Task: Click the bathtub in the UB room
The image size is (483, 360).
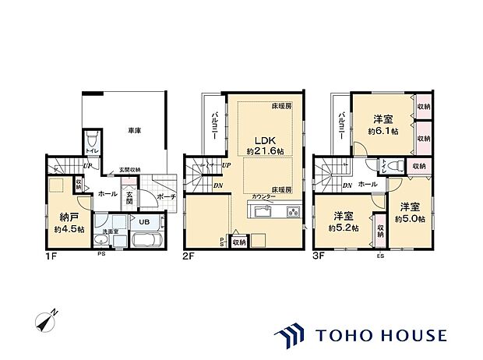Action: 144,238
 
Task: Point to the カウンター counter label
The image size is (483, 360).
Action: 263,198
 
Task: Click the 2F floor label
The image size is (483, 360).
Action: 189,255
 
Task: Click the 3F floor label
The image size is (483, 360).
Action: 320,255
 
